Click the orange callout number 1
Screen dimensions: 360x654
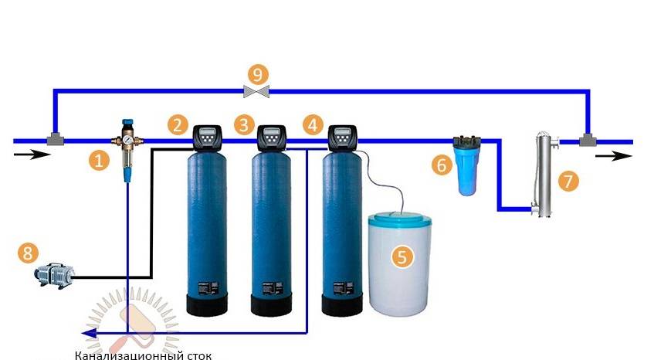(97, 161)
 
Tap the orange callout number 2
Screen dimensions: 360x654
(179, 124)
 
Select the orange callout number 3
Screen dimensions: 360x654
(245, 124)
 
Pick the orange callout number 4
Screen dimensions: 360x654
(312, 124)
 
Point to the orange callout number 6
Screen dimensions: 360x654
(441, 164)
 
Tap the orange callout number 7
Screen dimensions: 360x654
(568, 182)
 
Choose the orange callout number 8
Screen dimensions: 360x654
(27, 253)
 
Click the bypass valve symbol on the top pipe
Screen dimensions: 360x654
(256, 92)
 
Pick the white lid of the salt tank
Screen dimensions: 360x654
(398, 220)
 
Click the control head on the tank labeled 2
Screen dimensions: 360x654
(208, 138)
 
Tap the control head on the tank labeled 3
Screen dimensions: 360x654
(272, 138)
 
